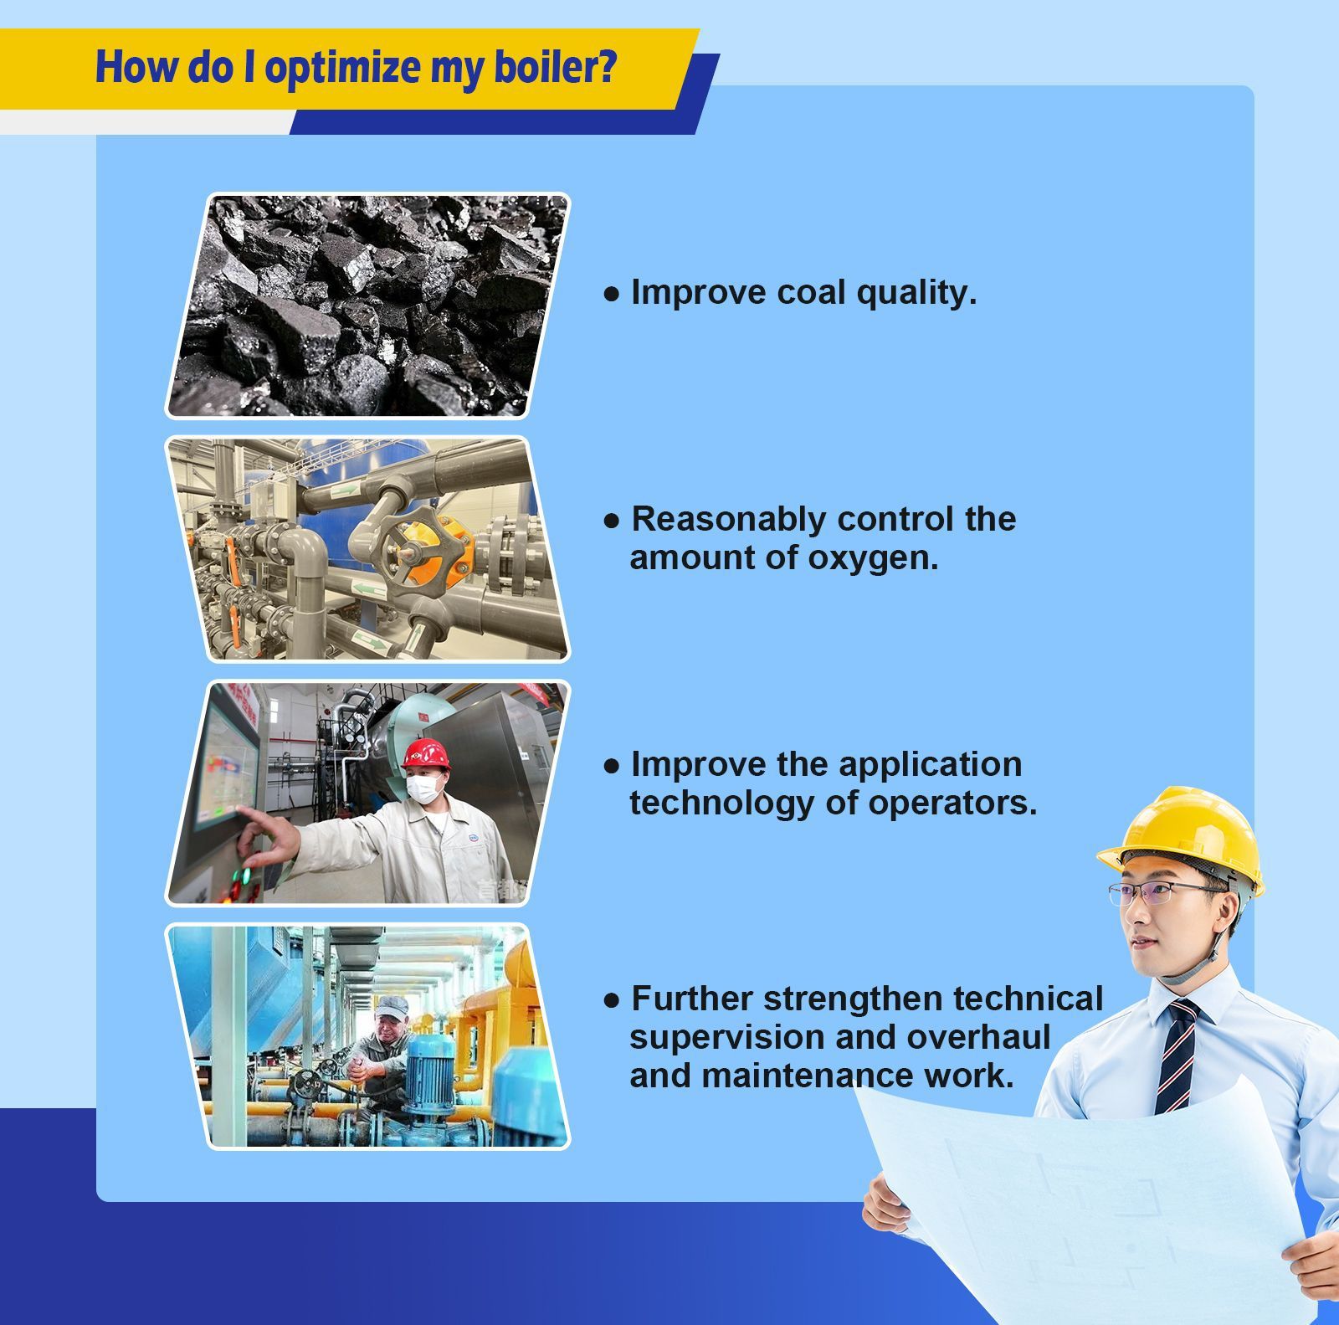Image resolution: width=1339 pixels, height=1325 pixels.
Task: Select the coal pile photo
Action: click(367, 306)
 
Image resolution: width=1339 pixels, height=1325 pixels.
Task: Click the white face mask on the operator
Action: click(425, 788)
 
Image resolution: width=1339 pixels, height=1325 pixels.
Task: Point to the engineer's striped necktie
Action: click(1177, 1056)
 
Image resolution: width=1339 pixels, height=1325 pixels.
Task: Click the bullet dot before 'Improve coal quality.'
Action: click(612, 294)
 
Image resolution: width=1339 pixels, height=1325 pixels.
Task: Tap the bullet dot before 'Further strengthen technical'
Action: click(612, 1000)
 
